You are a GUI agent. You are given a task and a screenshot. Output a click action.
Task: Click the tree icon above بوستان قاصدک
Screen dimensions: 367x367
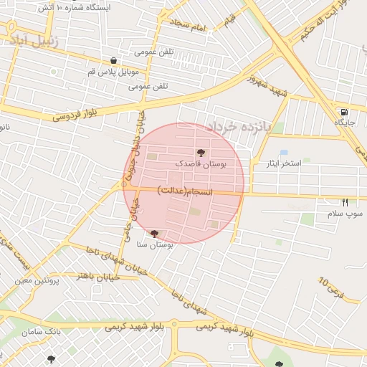[x=201, y=153]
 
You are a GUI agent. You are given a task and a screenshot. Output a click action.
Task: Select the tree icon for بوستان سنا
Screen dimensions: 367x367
[x=154, y=234]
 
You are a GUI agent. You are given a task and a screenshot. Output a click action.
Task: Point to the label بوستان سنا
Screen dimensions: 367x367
[x=155, y=245]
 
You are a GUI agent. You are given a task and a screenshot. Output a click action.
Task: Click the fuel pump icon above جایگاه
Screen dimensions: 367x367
[x=345, y=112]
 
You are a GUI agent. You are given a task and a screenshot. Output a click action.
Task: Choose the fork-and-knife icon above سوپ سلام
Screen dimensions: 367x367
[x=345, y=203]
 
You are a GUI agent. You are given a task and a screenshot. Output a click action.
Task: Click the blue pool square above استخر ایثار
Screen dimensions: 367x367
[x=284, y=153]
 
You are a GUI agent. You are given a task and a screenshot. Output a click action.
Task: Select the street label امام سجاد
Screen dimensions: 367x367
[x=189, y=27]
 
